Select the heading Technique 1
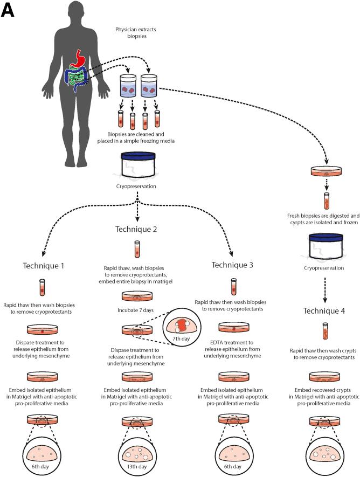[x=43, y=265]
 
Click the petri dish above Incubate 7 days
[x=136, y=296]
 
